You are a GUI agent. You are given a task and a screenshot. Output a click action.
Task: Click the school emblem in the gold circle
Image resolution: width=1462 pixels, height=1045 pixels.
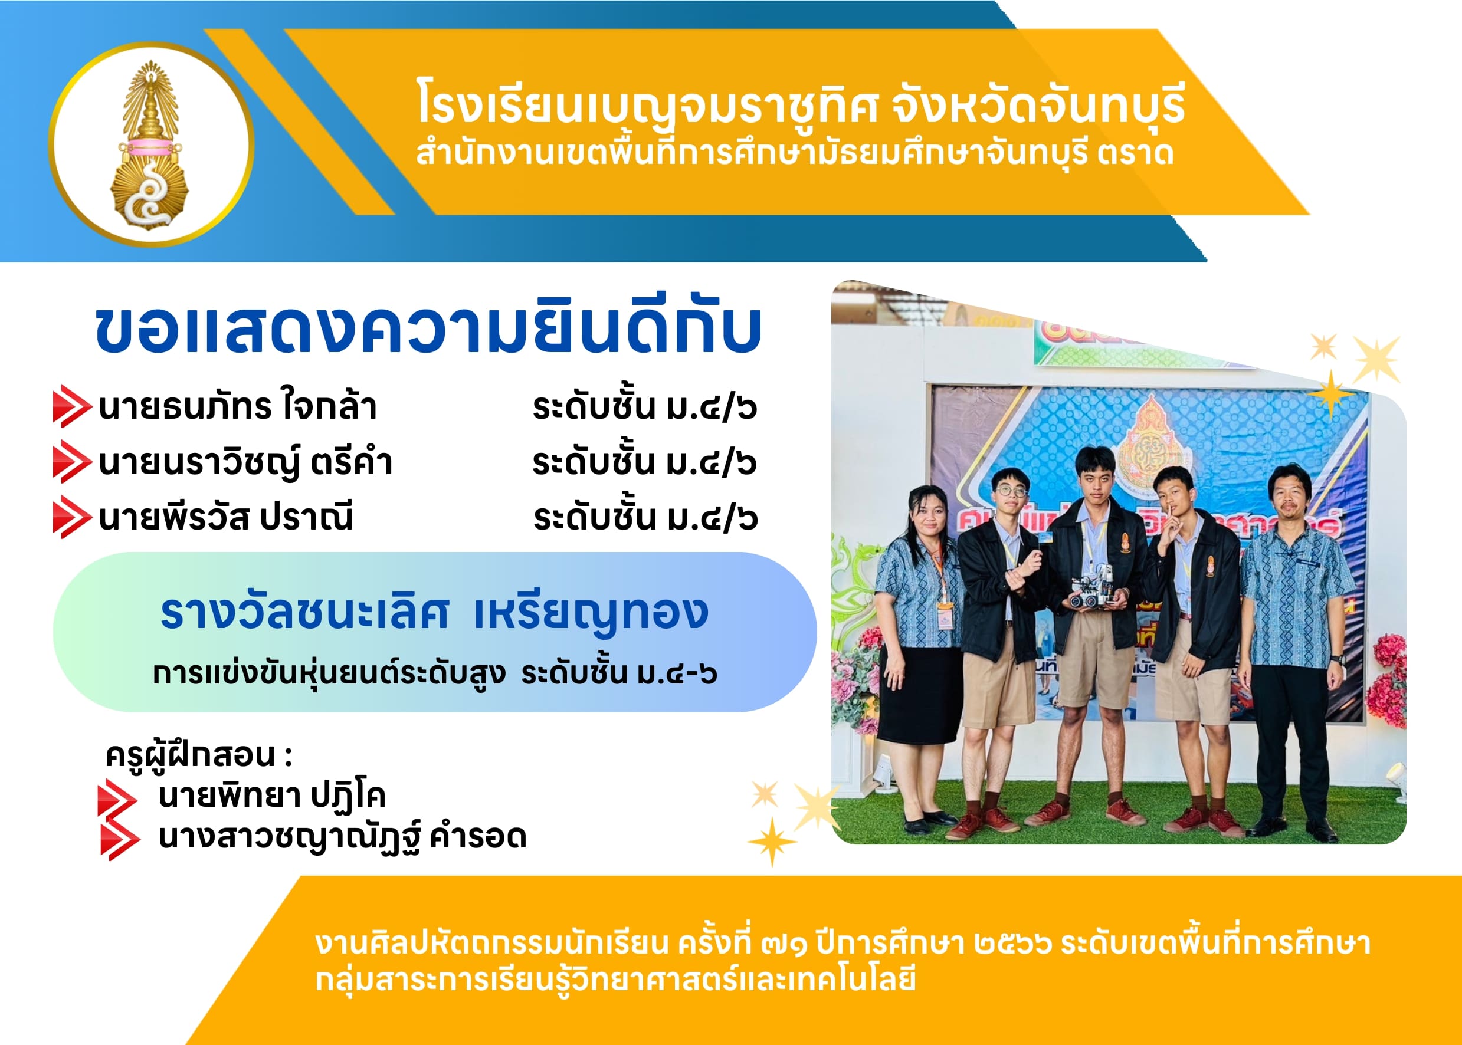[150, 145]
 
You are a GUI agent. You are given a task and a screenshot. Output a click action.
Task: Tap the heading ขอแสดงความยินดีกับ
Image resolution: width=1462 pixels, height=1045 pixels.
[429, 330]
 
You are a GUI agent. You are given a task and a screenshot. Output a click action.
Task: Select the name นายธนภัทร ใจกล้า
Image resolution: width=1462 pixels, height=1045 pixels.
[238, 406]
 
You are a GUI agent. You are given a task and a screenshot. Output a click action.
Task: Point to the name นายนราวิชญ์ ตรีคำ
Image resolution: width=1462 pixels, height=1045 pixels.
[245, 462]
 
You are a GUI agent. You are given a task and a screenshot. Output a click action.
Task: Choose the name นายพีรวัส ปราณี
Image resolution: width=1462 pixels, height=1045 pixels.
[226, 517]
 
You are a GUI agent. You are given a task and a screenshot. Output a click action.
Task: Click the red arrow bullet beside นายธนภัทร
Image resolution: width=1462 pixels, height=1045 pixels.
[71, 406]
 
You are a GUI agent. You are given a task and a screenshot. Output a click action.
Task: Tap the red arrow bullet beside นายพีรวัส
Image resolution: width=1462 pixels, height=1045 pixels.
[71, 517]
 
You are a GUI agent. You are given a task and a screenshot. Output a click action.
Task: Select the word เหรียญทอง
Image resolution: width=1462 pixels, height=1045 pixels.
[591, 614]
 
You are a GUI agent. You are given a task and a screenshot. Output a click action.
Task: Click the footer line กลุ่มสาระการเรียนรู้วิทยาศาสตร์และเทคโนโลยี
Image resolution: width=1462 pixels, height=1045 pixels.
[615, 981]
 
